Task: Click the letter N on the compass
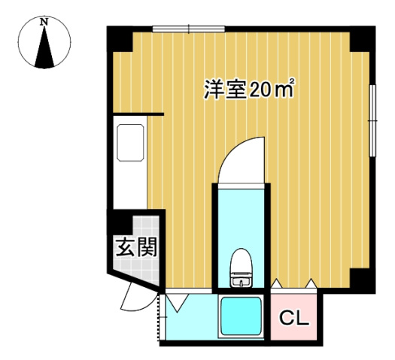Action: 44,23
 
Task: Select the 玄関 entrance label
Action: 135,247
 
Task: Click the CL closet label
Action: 295,319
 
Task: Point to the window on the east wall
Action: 372,119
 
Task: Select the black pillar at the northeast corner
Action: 362,37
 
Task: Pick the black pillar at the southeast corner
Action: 362,280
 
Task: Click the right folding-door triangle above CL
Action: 311,283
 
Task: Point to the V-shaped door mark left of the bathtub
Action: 180,303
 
